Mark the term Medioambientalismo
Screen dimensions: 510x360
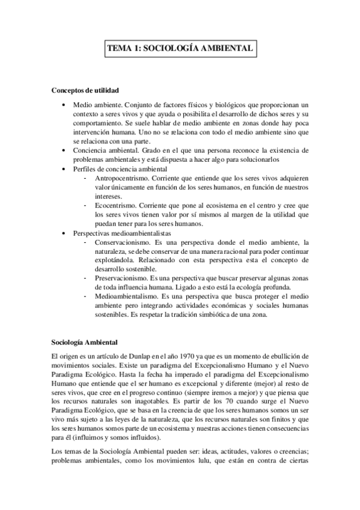pos(125,296)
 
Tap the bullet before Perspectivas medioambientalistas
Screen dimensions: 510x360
pos(65,232)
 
